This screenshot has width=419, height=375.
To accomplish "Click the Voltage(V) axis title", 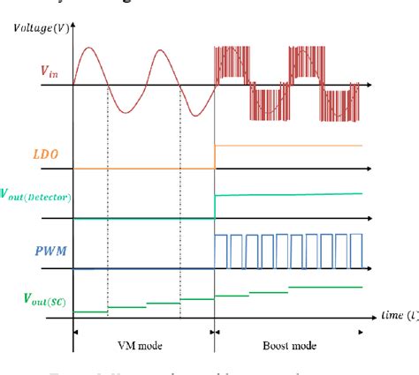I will coord(42,28).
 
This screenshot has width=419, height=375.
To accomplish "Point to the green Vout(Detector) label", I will coord(35,194).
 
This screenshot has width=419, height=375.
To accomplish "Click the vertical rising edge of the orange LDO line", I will coord(215,156).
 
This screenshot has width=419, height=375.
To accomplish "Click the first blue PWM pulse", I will coord(223,251).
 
